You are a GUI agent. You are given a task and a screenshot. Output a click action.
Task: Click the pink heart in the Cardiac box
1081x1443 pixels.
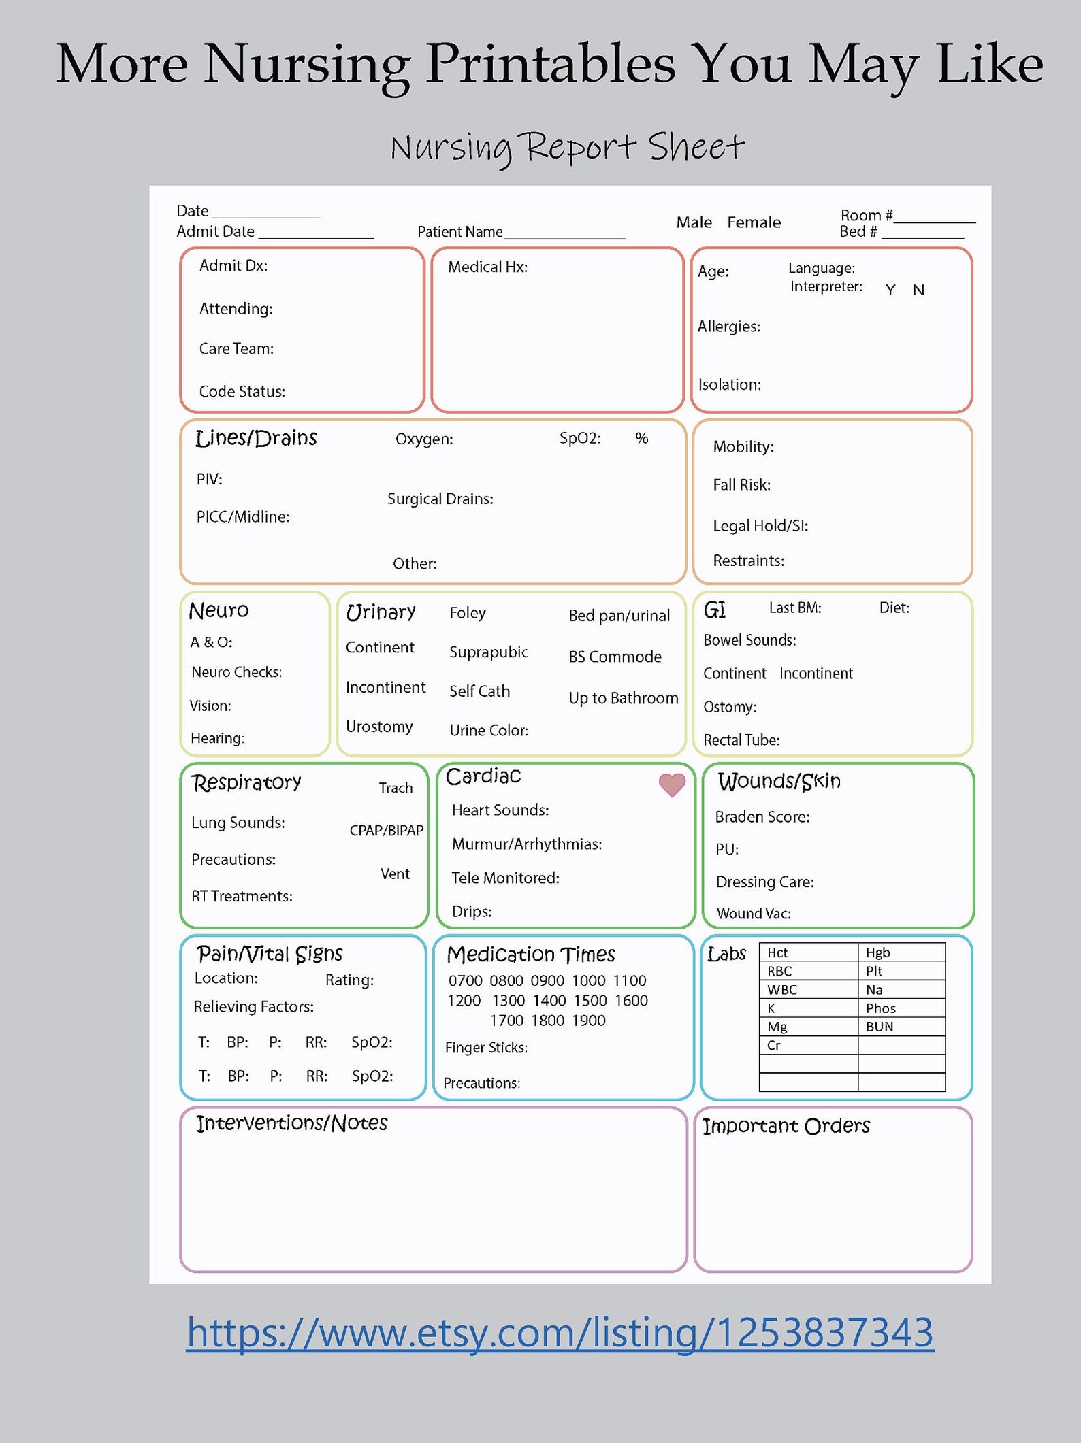click(x=672, y=785)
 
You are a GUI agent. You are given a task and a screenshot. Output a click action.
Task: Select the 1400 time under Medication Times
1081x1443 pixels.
click(x=549, y=1000)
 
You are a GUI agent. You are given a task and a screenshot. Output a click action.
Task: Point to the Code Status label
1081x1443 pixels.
click(x=242, y=391)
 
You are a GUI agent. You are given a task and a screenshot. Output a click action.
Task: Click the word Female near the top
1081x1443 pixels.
click(x=754, y=222)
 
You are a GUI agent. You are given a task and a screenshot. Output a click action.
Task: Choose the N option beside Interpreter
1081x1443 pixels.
click(x=918, y=290)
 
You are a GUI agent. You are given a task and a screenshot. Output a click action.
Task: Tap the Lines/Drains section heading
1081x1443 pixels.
click(x=256, y=438)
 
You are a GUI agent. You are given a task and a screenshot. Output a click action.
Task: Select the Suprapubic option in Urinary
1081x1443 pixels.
click(x=488, y=652)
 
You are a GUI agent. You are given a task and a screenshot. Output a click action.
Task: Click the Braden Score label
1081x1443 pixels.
click(x=762, y=816)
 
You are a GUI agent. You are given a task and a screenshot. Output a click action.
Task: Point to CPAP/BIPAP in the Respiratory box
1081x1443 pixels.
click(x=386, y=830)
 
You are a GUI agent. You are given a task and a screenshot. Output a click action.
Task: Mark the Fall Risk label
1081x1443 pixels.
click(x=741, y=484)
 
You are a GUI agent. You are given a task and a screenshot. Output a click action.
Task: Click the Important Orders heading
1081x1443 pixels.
click(x=786, y=1126)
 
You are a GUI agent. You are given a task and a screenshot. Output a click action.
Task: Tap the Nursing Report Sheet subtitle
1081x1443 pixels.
click(x=567, y=147)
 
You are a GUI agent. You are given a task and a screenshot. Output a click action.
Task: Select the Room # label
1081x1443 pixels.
click(x=866, y=215)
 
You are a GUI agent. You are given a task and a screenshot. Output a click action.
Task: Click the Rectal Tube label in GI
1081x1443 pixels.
click(x=741, y=740)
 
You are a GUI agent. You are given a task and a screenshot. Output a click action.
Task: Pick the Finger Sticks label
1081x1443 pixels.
click(x=486, y=1047)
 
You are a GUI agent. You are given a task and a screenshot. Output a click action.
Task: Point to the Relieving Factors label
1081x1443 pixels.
click(x=253, y=1006)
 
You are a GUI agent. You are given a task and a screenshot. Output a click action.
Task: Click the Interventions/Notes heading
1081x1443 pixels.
click(x=291, y=1123)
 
